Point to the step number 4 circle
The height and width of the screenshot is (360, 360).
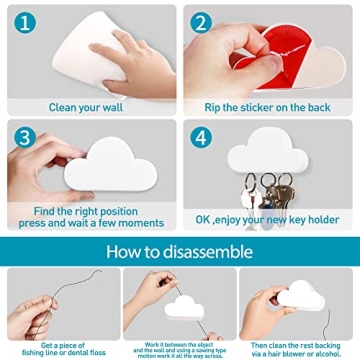[x=204, y=136]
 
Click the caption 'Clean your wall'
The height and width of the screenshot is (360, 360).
[x=88, y=107]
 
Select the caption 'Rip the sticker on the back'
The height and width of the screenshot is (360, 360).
[x=268, y=107]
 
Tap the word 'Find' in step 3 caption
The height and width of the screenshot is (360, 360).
[x=47, y=212]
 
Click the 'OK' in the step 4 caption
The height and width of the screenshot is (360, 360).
[x=204, y=219]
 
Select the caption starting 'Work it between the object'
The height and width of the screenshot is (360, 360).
[x=178, y=347]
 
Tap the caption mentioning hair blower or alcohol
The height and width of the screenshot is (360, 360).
[x=299, y=347]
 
